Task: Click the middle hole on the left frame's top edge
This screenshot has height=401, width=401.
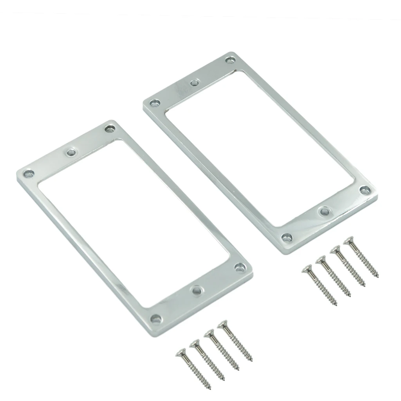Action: pyautogui.click(x=71, y=152)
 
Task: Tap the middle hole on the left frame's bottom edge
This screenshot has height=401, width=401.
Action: pyautogui.click(x=196, y=290)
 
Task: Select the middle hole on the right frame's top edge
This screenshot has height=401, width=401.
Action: pyautogui.click(x=194, y=83)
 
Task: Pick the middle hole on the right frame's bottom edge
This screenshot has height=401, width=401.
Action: pyautogui.click(x=325, y=211)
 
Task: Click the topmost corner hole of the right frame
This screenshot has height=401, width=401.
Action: pyautogui.click(x=229, y=60)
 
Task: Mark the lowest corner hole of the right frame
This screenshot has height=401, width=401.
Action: pyautogui.click(x=287, y=237)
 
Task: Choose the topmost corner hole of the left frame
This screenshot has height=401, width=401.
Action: pyautogui.click(x=109, y=129)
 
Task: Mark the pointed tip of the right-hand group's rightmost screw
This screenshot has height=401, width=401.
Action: pyautogui.click(x=378, y=276)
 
